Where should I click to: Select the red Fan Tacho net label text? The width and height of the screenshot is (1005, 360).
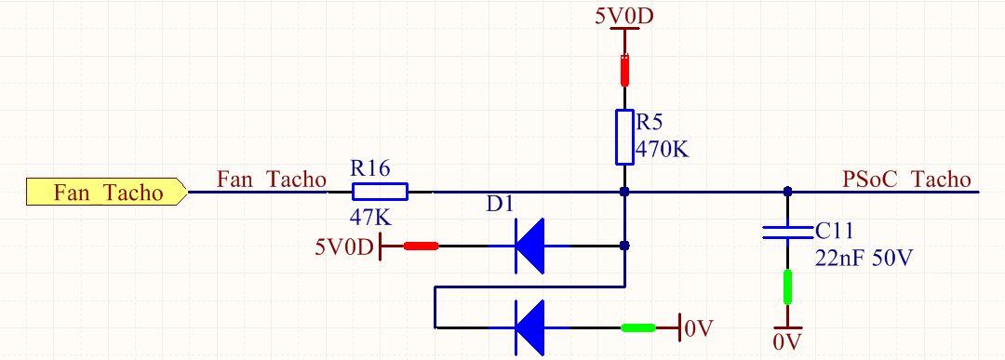pos(271,178)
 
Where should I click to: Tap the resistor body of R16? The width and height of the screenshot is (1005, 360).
pos(380,193)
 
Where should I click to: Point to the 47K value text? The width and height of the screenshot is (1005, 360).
pos(370,218)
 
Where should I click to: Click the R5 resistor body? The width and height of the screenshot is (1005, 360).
pos(624,137)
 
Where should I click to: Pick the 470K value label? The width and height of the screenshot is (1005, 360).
pos(662,149)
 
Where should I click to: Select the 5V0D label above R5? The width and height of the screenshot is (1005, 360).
pos(624,17)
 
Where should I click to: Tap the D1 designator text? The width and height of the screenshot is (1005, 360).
pos(500,204)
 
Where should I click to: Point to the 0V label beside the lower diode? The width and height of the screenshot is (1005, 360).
pos(699,327)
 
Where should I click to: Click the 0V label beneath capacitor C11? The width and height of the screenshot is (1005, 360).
pos(787,341)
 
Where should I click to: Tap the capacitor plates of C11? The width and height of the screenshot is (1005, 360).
pos(787,231)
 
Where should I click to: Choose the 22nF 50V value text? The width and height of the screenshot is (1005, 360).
pos(863,258)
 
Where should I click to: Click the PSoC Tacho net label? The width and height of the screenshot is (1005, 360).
pos(905,179)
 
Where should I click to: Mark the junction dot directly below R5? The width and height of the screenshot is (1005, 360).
pos(624,193)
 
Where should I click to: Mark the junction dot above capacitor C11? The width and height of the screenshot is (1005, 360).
pos(787,193)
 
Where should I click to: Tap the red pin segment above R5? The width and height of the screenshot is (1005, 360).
pos(624,70)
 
